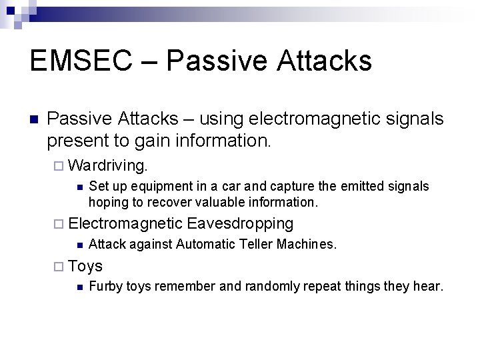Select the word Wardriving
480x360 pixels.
110,163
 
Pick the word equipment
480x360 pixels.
155,187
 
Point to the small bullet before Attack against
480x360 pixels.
78,245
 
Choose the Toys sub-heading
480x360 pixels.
85,267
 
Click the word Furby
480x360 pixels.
103,287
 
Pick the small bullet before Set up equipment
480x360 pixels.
78,187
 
